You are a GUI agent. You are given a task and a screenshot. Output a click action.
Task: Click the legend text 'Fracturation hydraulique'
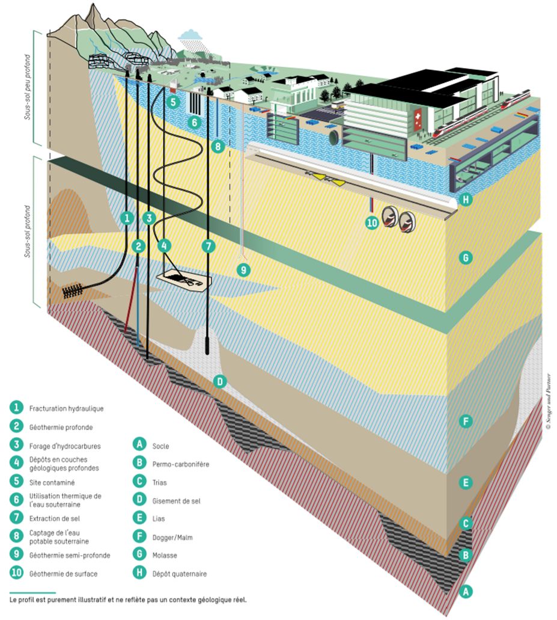click(66, 409)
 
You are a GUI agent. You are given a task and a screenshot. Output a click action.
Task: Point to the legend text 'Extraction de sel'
click(54, 518)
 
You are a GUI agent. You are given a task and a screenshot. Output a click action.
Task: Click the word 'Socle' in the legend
click(161, 446)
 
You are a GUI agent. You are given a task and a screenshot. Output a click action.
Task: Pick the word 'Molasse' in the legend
click(165, 556)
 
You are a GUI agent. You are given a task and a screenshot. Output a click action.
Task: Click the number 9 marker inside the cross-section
click(242, 270)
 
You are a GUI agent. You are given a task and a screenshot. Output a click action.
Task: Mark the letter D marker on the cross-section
click(220, 381)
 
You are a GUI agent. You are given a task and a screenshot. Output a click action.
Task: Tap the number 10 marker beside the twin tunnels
click(373, 222)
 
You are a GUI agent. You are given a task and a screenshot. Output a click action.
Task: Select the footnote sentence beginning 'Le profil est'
click(128, 600)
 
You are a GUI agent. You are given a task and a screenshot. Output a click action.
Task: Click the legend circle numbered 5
click(15, 482)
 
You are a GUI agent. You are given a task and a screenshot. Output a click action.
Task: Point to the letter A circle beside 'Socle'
click(139, 446)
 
